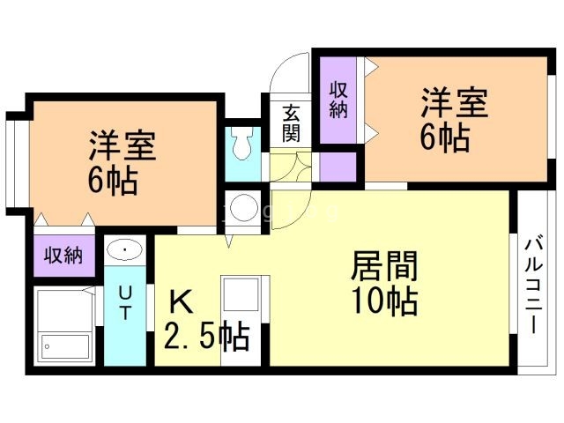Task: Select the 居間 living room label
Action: coord(384,265)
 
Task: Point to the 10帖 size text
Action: coord(384,302)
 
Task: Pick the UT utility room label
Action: coord(126,301)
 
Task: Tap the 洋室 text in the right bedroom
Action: coord(454,103)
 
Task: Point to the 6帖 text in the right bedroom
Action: coord(443,139)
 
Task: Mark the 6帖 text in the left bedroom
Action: coord(112,182)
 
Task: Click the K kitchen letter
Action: coord(180,303)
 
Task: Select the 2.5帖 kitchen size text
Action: coord(206,338)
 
